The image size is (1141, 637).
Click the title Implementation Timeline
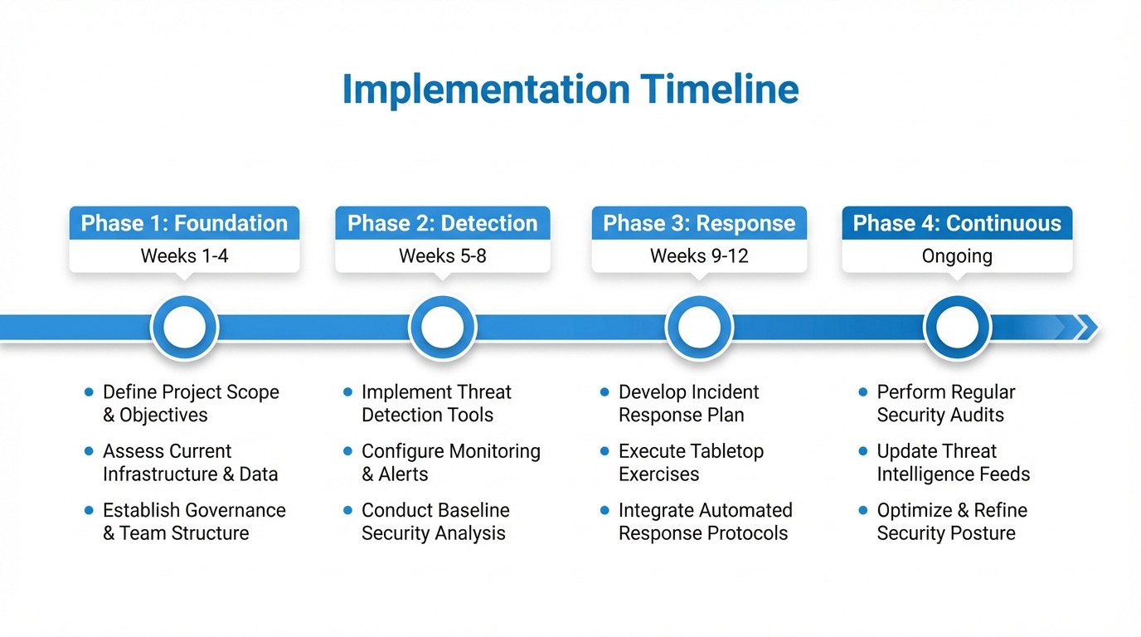pos(570,90)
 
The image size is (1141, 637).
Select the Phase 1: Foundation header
pos(184,223)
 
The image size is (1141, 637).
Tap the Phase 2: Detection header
pos(442,223)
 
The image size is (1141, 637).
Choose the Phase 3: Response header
pos(699,223)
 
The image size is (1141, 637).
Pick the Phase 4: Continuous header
pos(957,223)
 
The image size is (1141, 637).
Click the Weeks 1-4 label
pos(184,255)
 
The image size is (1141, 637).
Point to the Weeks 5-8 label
pos(442,255)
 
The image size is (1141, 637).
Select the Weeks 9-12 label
pos(699,255)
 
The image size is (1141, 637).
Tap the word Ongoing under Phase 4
pos(957,255)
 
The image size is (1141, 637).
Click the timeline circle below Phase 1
pos(184,328)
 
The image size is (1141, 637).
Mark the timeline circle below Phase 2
pos(442,328)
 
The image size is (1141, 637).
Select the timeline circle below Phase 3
pos(699,328)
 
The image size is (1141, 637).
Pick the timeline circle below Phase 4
pos(957,328)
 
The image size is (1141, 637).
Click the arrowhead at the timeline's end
pos(1085,328)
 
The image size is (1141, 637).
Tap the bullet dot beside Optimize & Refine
pos(863,510)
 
